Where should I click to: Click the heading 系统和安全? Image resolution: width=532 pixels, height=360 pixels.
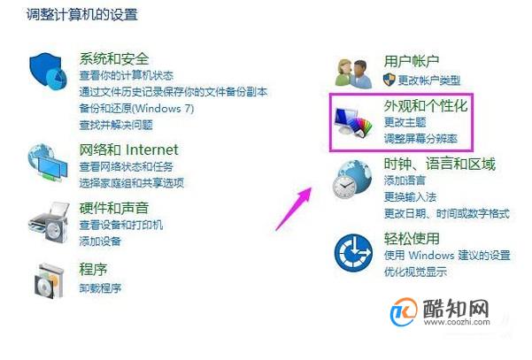pos(114,59)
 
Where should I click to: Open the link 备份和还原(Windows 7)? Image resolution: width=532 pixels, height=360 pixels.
pos(136,109)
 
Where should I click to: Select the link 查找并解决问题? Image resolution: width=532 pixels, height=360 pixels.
pos(116,125)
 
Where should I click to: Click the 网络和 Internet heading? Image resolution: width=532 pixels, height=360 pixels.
pos(128,149)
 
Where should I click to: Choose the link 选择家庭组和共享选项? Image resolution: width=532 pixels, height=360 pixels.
pos(132,183)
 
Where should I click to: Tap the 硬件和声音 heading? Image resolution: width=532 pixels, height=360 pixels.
pos(114,208)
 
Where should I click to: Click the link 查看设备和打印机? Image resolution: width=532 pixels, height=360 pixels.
pos(121,225)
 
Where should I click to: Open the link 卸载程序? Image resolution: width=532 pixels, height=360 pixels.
pos(100,288)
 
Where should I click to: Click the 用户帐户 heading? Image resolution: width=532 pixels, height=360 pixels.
pos(412,61)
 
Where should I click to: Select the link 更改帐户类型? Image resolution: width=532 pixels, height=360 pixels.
pos(428,80)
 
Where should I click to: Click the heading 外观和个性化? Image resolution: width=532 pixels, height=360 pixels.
pos(426,106)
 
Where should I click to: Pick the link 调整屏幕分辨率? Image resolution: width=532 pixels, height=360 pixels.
pos(420,139)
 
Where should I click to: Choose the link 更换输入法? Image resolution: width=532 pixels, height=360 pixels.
pos(410,196)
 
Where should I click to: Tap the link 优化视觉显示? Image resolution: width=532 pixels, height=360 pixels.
pos(416,272)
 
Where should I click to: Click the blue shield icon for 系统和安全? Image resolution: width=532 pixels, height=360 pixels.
pos(48,71)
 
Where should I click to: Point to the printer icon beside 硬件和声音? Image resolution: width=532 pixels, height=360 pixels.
pos(49,222)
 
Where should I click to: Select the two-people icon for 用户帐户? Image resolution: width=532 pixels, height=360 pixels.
pos(353,73)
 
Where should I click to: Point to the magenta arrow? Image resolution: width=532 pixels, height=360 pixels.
pos(294,209)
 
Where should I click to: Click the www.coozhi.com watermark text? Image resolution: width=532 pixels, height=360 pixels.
pos(457,322)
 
